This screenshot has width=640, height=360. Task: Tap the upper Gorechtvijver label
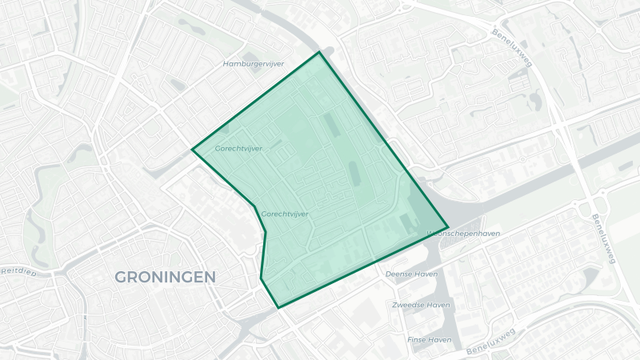tap(238, 148)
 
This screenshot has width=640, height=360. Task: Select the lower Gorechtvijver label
tap(285, 214)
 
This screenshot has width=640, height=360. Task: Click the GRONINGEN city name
tap(166, 277)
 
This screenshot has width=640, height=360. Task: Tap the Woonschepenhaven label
tap(465, 234)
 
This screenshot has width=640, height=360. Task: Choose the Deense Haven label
tap(411, 273)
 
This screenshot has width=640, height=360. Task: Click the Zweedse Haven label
tap(421, 305)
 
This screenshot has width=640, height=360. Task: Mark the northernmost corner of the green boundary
tap(320, 52)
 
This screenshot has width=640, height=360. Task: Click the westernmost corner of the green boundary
tap(192, 149)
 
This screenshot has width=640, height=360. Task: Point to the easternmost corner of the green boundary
tap(448, 228)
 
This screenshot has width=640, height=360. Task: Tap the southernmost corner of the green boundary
tap(278, 308)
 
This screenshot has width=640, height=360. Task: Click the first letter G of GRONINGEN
tap(121, 277)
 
